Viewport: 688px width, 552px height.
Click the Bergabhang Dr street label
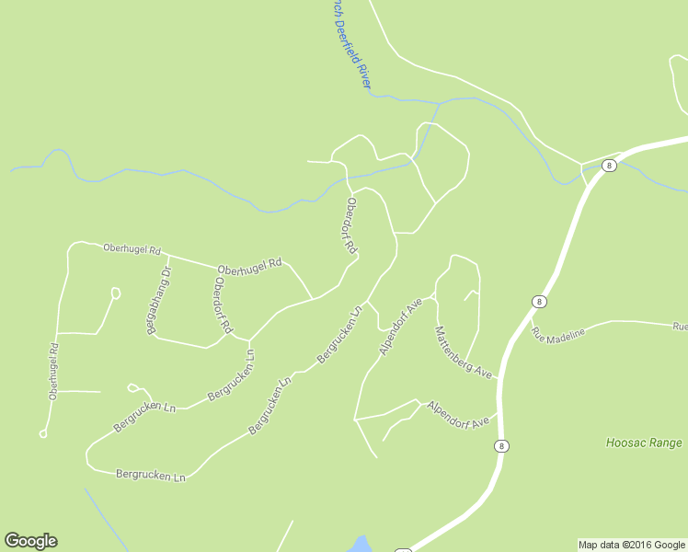154,301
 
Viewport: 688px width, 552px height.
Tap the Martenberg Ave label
464,352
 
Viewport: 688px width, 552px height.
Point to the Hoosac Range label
644,443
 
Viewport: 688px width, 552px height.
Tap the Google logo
30,541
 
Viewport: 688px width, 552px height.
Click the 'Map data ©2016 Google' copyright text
631,545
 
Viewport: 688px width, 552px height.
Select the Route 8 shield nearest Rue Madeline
539,301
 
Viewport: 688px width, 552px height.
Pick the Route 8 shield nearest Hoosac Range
501,446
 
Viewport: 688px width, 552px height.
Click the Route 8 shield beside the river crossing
609,166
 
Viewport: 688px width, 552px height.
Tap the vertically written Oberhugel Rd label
54,371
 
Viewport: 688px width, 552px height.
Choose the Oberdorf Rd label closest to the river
350,225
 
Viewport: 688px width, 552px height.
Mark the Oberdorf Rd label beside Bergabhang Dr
222,305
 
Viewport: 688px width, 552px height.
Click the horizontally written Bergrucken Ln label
151,476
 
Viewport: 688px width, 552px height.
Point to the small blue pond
359,543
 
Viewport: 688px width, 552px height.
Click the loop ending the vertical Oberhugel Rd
43,433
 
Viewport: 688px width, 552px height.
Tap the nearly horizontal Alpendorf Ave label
457,415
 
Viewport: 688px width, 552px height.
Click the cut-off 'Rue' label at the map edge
680,326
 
